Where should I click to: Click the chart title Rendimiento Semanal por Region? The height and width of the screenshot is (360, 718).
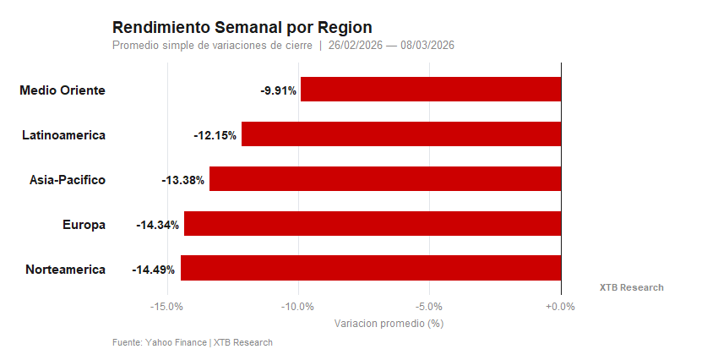click(242, 28)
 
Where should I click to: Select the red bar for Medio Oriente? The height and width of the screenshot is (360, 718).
click(431, 90)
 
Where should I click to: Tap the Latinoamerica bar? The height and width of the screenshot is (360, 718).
click(401, 134)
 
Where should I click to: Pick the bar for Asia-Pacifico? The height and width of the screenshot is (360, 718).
click(385, 179)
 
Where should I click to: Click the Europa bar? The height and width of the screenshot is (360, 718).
click(373, 224)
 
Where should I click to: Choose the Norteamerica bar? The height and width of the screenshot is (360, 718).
click(371, 269)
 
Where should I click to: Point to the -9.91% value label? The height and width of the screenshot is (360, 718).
click(278, 90)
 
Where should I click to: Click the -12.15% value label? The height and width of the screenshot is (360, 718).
click(215, 135)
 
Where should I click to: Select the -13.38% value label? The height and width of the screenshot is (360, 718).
click(182, 180)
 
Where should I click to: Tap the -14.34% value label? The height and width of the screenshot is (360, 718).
click(157, 225)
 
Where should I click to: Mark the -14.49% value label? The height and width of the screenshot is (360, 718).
click(153, 270)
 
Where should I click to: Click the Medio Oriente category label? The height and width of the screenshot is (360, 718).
click(63, 90)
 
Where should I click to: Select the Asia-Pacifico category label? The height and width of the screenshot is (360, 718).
click(68, 180)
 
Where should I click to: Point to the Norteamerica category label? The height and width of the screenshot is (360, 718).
click(65, 270)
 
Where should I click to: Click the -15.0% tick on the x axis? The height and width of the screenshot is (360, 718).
click(166, 307)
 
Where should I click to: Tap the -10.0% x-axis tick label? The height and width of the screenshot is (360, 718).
click(297, 307)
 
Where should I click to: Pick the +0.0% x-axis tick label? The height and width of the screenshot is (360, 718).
click(560, 307)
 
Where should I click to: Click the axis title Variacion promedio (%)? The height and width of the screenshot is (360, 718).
click(389, 324)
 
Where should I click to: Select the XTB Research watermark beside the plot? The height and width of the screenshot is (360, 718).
click(631, 288)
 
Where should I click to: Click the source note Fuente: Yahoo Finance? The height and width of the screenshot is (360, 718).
click(160, 342)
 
